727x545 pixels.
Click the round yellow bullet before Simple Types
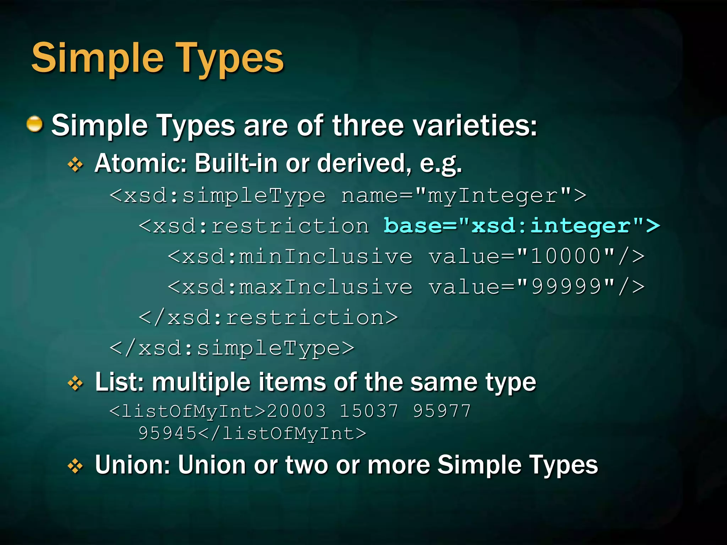[35, 124]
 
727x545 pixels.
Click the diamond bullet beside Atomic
[75, 164]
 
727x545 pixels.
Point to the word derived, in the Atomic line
[364, 163]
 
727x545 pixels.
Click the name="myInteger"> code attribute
[464, 196]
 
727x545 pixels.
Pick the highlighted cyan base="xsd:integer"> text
[521, 226]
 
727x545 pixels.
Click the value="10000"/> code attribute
[536, 256]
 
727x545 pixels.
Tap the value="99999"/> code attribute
[536, 287]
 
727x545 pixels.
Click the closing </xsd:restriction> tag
[268, 317]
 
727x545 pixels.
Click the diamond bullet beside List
[75, 383]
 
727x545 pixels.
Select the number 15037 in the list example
[369, 411]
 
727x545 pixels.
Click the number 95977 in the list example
[442, 411]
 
